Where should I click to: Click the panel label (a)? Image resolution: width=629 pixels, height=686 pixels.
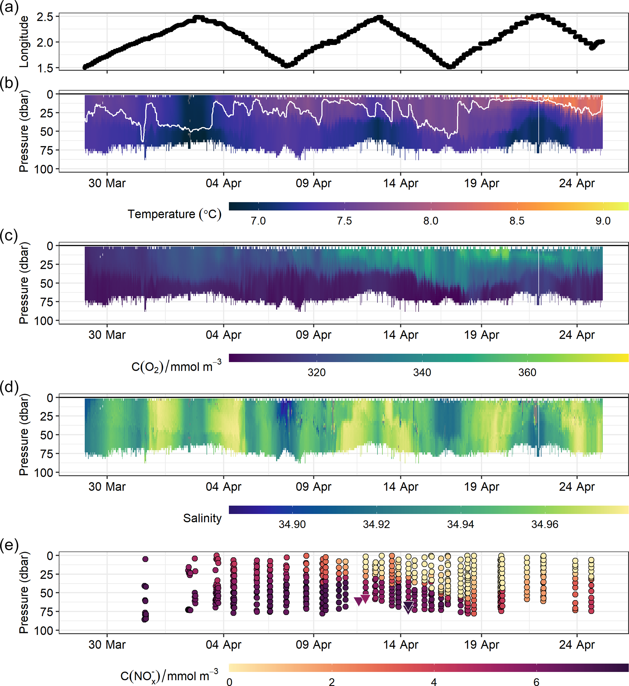tap(9, 7)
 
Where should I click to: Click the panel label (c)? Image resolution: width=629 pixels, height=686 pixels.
tap(9, 236)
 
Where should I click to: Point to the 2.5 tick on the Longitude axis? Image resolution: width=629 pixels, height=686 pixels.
tap(45, 17)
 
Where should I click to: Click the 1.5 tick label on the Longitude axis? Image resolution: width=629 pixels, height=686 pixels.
tap(45, 68)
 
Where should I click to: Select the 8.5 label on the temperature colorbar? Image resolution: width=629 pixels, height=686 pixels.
tap(517, 221)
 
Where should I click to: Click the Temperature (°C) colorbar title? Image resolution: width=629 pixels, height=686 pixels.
tap(174, 214)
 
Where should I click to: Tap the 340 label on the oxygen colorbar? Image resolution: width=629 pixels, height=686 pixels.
tap(422, 373)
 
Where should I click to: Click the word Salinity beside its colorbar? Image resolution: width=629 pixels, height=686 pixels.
tap(202, 518)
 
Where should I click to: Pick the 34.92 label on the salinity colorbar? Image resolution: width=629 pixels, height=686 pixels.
tap(376, 524)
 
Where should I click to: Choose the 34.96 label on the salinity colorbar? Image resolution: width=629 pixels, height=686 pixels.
tap(545, 524)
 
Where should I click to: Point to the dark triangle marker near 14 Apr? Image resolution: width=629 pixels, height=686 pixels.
tap(408, 607)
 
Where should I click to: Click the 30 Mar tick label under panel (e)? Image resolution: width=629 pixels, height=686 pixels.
tap(107, 645)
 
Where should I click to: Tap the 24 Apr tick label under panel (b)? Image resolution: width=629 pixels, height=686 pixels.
tap(577, 183)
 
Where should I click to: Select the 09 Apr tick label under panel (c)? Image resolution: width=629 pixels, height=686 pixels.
tap(313, 335)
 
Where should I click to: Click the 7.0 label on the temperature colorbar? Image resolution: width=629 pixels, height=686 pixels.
tap(258, 221)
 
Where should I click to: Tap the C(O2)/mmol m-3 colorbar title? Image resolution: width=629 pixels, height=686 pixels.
tap(176, 366)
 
